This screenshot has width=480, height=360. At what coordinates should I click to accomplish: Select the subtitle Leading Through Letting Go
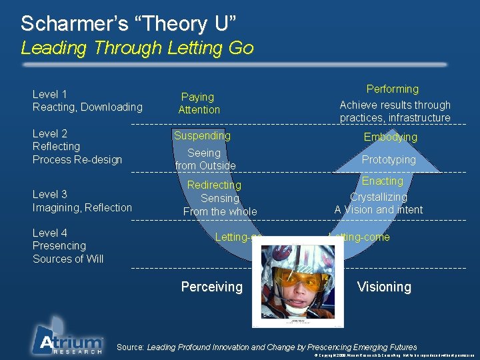pos(137,48)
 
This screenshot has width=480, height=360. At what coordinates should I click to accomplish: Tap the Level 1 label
pos(50,94)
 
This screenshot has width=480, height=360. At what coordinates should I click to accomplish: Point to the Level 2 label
pos(50,133)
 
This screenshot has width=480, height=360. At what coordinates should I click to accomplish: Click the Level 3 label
pos(50,194)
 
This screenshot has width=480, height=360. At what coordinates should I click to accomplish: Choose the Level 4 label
pos(50,233)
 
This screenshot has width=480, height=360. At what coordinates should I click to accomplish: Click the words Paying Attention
pos(198,103)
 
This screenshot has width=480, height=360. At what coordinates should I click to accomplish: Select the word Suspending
pos(202,135)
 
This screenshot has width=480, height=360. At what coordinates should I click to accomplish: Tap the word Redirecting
pos(214,185)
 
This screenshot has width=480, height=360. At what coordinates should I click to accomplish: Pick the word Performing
pos(393,89)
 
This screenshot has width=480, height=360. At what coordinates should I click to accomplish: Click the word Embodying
pos(390,137)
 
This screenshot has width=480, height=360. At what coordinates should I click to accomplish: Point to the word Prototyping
pos(388,159)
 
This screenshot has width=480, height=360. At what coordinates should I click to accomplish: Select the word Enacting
pos(383,181)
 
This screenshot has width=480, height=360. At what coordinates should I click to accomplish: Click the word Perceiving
pos(211,287)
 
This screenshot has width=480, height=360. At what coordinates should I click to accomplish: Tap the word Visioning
pos(383,287)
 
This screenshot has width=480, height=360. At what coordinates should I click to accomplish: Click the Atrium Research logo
pos(67,337)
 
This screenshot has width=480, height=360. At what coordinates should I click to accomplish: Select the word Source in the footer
pos(129,347)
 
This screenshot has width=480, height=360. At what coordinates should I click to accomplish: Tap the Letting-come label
pos(360,237)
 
